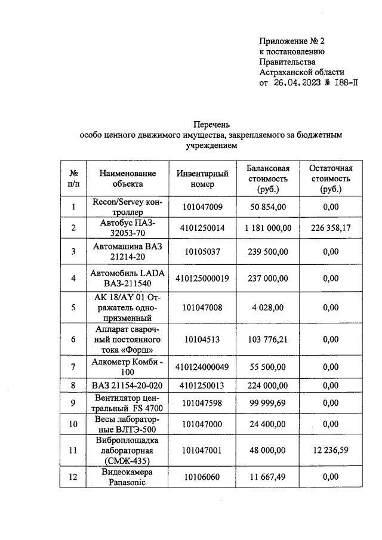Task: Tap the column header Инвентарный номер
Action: (202, 178)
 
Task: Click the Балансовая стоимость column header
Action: (268, 178)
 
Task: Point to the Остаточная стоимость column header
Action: (330, 178)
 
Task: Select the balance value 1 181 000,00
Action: (268, 227)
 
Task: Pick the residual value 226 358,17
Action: (330, 227)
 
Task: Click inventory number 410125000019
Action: (202, 278)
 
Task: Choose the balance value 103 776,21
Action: (268, 339)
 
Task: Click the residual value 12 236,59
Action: (330, 451)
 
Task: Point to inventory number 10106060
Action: (202, 477)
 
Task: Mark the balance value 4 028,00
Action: (268, 308)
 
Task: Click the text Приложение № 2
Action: (291, 41)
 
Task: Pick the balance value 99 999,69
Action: (268, 403)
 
